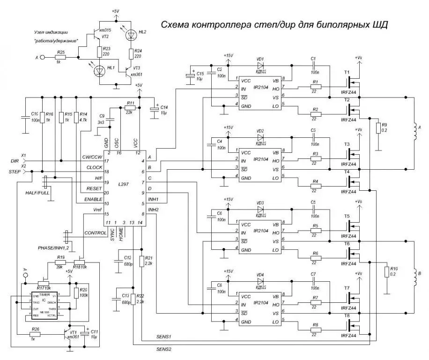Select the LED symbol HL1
tap(99, 71)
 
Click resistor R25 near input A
tap(60, 57)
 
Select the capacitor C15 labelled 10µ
tap(190, 76)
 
